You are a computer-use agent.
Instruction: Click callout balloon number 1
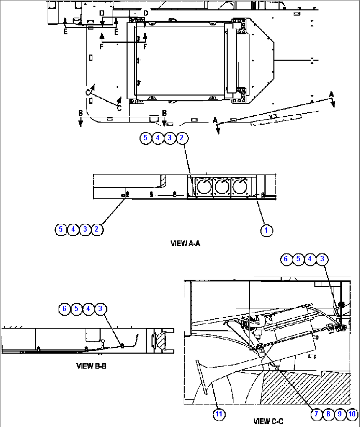pyautogui.click(x=266, y=230)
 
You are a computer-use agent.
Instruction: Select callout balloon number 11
pyautogui.click(x=219, y=414)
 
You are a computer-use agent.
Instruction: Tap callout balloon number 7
pyautogui.click(x=316, y=414)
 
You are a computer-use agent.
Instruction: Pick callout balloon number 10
pyautogui.click(x=352, y=414)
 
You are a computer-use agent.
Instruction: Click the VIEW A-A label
pyautogui.click(x=185, y=244)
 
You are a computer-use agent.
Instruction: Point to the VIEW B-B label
pyautogui.click(x=91, y=366)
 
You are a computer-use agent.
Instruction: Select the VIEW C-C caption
pyautogui.click(x=268, y=421)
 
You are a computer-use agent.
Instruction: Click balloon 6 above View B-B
pyautogui.click(x=64, y=309)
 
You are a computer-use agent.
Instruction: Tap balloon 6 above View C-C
pyautogui.click(x=286, y=259)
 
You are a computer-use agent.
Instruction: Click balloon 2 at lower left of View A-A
pyautogui.click(x=96, y=229)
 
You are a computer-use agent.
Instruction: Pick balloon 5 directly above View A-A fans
pyautogui.click(x=145, y=137)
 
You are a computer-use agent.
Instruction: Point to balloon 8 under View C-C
pyautogui.click(x=328, y=414)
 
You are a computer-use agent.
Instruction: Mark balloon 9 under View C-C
pyautogui.click(x=340, y=414)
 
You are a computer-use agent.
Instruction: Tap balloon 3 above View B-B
pyautogui.click(x=100, y=309)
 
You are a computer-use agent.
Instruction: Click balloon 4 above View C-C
pyautogui.click(x=310, y=259)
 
